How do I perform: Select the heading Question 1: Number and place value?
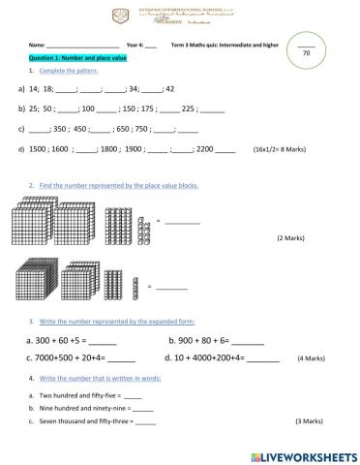[x=75, y=58]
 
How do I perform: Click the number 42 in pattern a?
[x=169, y=88]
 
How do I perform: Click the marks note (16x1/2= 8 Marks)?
[x=282, y=151]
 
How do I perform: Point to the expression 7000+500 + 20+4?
[x=74, y=357]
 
